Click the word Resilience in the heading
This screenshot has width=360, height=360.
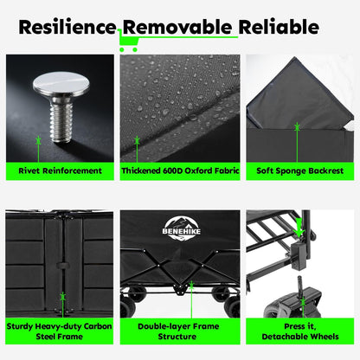tap(67, 27)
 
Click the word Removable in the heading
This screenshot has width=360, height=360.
tap(177, 27)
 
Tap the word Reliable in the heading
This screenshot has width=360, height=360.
tap(279, 27)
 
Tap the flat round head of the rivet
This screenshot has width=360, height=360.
tap(61, 84)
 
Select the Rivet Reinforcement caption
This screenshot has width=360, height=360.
tap(60, 170)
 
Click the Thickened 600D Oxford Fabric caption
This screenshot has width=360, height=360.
tap(180, 170)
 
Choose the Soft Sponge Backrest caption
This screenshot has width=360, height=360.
tap(299, 170)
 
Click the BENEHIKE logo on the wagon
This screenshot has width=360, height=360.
tap(182, 228)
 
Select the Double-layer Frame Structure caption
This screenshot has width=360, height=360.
tap(178, 331)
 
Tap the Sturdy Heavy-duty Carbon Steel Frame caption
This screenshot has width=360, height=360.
tap(60, 331)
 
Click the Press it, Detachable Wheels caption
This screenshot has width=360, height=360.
tap(300, 331)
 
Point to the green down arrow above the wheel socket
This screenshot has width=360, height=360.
tap(299, 227)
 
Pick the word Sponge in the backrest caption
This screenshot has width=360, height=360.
tap(290, 171)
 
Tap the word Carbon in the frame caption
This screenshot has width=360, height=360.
tap(98, 326)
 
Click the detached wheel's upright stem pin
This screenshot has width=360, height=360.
tap(300, 286)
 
